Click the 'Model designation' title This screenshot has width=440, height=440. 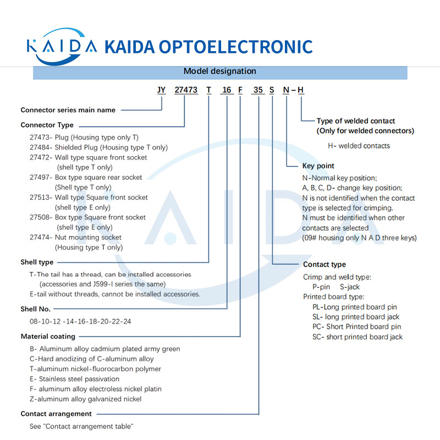(x=220, y=71)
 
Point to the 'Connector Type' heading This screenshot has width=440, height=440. (x=47, y=125)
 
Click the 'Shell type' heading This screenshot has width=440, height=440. (x=37, y=262)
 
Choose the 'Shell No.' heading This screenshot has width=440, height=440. (x=36, y=309)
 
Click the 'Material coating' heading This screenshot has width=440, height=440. (x=48, y=336)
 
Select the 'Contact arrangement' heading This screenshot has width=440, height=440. (x=56, y=414)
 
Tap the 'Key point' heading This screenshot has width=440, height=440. (x=318, y=166)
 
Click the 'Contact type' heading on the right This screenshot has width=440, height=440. (x=324, y=265)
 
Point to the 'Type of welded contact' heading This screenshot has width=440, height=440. (x=356, y=120)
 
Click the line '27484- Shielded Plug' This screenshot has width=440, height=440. (x=99, y=147)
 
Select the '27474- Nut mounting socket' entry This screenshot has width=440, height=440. (x=76, y=238)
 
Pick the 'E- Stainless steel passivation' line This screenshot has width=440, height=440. (x=75, y=379)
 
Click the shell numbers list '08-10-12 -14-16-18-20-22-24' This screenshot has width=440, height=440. (x=80, y=321)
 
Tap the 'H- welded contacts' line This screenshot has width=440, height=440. (x=359, y=146)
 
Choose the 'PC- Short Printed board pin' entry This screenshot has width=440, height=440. (x=356, y=327)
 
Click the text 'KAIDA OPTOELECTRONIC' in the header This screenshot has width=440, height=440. (x=208, y=46)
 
